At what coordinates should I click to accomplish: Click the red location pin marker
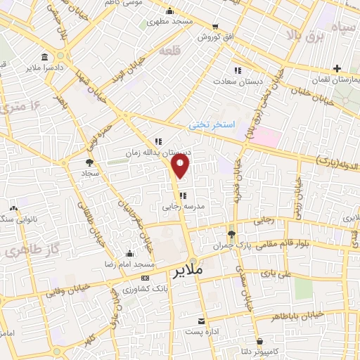coord(181,166)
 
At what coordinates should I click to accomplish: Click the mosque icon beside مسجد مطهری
coord(170,11)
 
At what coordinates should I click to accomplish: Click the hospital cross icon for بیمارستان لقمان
coord(338,69)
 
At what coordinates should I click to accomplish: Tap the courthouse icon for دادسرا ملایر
coord(45,57)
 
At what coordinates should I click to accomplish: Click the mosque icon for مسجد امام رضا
coord(128,254)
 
